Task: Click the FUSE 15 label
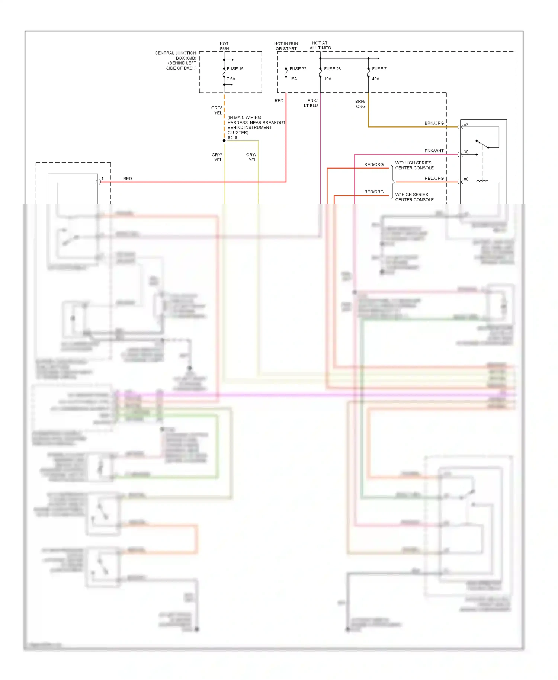(235, 69)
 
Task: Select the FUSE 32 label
(298, 69)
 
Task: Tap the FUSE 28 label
(332, 69)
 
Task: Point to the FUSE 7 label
(379, 69)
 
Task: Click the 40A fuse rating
(376, 79)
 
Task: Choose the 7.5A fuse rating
(231, 79)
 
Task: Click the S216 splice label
(232, 138)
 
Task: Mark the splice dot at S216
(224, 141)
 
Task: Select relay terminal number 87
(466, 125)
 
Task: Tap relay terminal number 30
(466, 152)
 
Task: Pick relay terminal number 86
(466, 179)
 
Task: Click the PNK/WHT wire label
(434, 151)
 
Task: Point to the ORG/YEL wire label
(217, 110)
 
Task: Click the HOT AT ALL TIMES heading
(320, 45)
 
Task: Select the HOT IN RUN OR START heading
(286, 46)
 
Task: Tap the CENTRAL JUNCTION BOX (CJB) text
(176, 60)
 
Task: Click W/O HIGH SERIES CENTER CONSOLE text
(414, 165)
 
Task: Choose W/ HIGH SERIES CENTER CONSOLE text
(414, 197)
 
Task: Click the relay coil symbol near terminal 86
(482, 181)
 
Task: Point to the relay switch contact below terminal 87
(482, 144)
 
